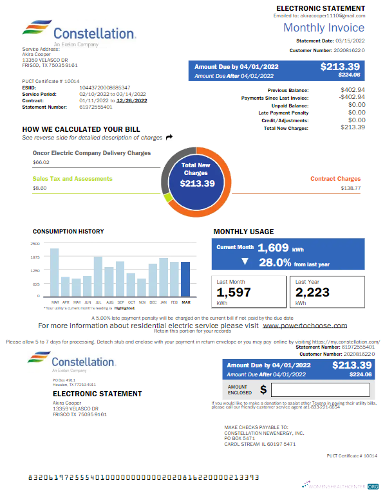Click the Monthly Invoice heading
click(324, 28)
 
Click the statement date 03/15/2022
click(350, 41)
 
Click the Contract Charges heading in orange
click(335, 179)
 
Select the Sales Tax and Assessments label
click(72, 179)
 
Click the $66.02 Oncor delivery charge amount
click(41, 163)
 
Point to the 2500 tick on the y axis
click(35, 244)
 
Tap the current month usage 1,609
click(274, 248)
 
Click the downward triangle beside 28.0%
click(244, 262)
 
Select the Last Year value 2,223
click(312, 293)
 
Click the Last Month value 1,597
click(234, 293)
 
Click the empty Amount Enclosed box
click(320, 390)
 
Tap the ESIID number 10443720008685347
click(105, 87)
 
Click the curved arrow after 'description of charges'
click(169, 137)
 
